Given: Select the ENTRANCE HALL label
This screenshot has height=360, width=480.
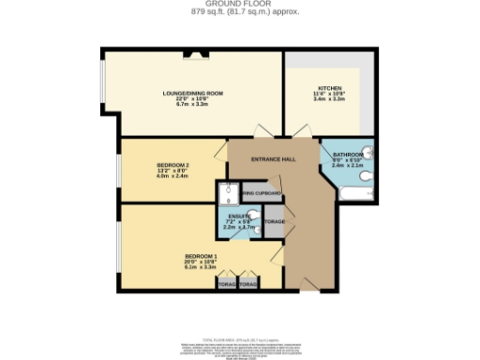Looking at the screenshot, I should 274,158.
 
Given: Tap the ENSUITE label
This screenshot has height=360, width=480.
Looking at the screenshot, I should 237,215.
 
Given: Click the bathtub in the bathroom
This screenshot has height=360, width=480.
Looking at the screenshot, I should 359,195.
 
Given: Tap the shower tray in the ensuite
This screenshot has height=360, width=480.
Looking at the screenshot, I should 227,194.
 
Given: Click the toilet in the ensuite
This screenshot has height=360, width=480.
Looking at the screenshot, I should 251,224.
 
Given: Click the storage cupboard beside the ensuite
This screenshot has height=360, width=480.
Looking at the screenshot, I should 275,222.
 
